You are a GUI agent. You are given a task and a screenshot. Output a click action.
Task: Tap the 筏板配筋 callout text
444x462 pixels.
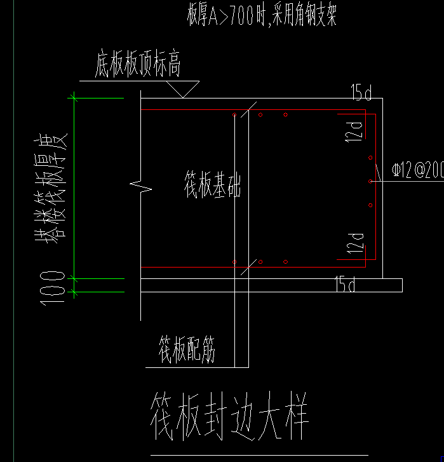(x=187, y=350)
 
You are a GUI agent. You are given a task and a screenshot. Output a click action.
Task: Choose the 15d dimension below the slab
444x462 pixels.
(x=345, y=285)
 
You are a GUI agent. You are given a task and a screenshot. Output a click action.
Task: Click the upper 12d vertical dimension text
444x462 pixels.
(x=357, y=129)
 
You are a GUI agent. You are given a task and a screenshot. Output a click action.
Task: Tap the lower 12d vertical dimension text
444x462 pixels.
(x=357, y=243)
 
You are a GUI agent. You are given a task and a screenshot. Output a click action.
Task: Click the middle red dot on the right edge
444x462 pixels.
(x=370, y=181)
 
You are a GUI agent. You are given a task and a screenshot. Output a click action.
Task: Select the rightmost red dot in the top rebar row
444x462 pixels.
(x=286, y=115)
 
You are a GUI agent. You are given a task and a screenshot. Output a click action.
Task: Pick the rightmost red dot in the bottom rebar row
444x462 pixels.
(x=286, y=262)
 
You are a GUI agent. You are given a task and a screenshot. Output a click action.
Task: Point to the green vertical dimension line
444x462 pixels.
(x=74, y=187)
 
